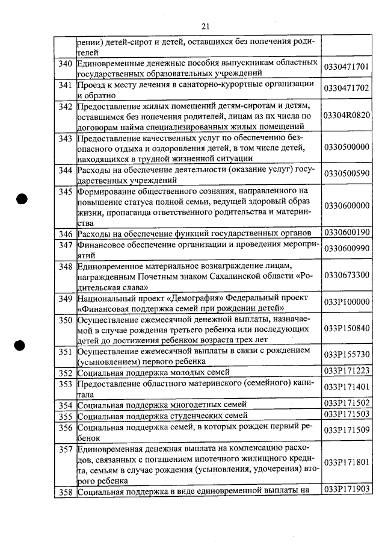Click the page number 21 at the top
[x=205, y=26]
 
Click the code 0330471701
[x=346, y=68]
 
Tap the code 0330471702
[x=346, y=89]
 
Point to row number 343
[x=66, y=137]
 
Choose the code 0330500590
[x=346, y=174]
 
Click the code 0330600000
[x=346, y=206]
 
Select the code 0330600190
[x=346, y=232]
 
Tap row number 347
[x=66, y=244]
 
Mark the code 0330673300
[x=346, y=275]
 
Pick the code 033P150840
[x=346, y=329]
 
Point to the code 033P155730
[x=346, y=356]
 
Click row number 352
[x=66, y=373]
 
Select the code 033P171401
[x=346, y=387]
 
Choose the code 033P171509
[x=346, y=430]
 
